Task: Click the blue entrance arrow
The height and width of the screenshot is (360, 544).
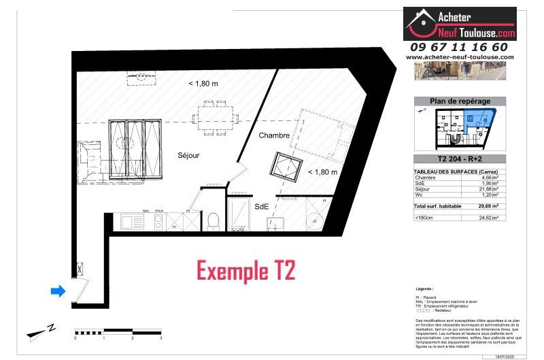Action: click(58, 291)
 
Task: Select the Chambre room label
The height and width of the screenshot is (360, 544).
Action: click(274, 135)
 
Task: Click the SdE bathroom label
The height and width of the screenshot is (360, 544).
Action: click(261, 206)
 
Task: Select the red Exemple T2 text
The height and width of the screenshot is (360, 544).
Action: click(246, 270)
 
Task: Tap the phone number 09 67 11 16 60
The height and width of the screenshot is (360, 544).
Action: click(460, 47)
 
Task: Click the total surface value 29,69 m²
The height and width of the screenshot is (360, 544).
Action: click(490, 206)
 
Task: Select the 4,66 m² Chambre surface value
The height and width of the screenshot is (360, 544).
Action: click(490, 177)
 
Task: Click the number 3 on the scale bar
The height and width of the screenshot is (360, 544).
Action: click(161, 338)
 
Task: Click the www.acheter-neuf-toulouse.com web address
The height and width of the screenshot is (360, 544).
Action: click(460, 57)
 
